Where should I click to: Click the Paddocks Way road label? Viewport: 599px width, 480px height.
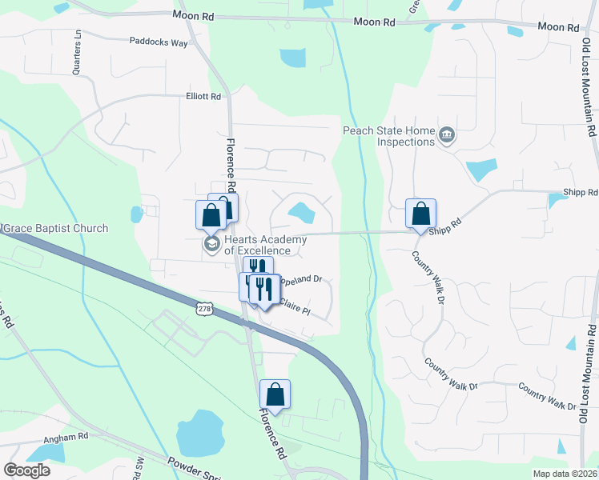[x=159, y=43]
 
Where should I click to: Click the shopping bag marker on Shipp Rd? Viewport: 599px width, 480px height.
[x=420, y=214]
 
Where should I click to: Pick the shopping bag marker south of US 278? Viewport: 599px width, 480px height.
[x=275, y=394]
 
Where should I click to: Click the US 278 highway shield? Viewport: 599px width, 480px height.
[x=203, y=306]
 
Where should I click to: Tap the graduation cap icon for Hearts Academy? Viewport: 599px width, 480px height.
[x=211, y=244]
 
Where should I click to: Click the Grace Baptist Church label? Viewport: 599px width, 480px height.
[x=56, y=229]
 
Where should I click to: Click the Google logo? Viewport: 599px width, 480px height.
[x=26, y=470]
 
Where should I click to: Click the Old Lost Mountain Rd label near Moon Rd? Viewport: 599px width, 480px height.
[x=591, y=88]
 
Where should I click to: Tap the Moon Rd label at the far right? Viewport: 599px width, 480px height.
[x=557, y=27]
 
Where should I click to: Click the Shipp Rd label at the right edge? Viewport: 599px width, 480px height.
[x=581, y=193]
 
